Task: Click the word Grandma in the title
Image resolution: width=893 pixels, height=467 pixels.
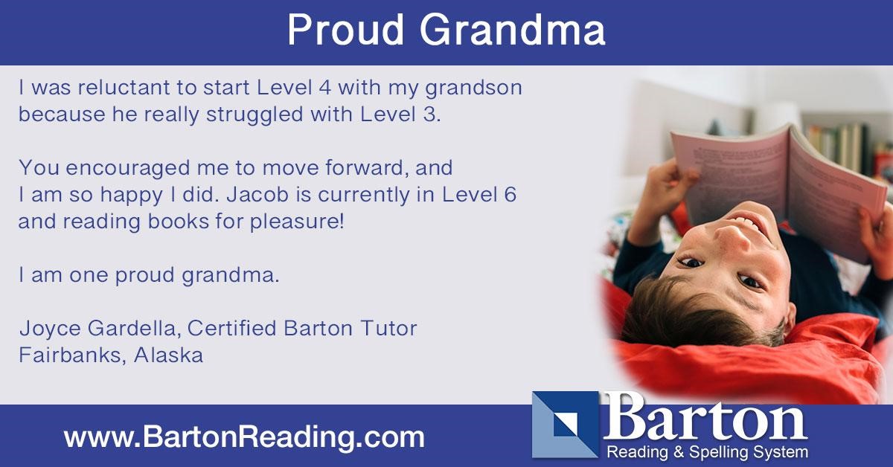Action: click(x=512, y=30)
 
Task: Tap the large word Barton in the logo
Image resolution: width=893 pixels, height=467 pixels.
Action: click(x=705, y=419)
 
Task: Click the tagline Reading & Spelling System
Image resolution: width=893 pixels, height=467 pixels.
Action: click(x=708, y=451)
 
